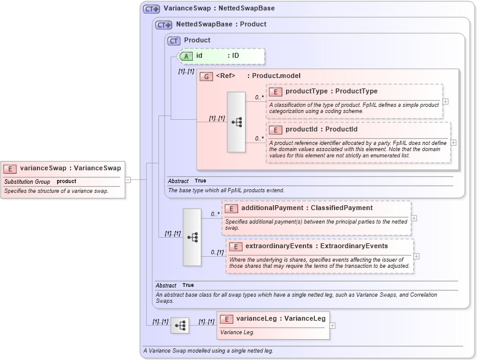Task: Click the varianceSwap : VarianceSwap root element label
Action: pos(70,168)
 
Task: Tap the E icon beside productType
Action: pos(276,92)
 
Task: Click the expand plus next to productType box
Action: pos(445,102)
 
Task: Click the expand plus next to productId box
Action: pos(453,142)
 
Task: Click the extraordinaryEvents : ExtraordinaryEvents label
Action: pos(316,246)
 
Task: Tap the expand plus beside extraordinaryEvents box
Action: pos(416,256)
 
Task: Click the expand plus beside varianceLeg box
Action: pos(333,326)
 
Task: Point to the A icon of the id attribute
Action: pos(187,56)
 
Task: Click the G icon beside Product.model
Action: pos(206,76)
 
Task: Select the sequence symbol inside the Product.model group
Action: pos(236,122)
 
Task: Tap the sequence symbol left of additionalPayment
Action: pos(192,237)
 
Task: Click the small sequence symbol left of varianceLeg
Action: pos(180,326)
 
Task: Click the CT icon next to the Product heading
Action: pos(174,41)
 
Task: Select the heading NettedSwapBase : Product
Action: pos(221,25)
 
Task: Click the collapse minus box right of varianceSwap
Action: pos(128,180)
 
